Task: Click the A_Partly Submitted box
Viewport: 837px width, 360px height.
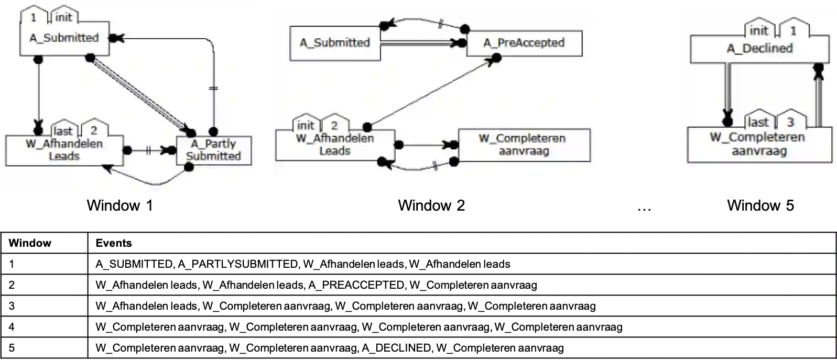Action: [x=214, y=150]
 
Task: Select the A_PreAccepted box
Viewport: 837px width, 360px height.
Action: [x=524, y=43]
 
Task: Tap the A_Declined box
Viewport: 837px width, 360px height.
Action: [x=759, y=49]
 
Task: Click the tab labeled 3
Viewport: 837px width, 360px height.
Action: [x=790, y=122]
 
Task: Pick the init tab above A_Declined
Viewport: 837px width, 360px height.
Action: [x=758, y=31]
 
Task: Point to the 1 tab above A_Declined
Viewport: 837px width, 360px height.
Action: [x=793, y=31]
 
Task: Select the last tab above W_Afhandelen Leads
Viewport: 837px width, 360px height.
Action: [x=63, y=131]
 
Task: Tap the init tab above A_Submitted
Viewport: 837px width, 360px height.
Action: [x=63, y=17]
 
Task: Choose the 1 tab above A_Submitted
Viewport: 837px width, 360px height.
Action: [x=34, y=17]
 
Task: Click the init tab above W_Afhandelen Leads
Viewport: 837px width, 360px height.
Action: [x=306, y=126]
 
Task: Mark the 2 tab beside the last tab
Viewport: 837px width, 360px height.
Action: [x=94, y=129]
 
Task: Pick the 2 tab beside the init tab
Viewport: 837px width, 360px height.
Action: [x=334, y=125]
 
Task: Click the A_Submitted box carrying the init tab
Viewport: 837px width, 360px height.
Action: [x=64, y=38]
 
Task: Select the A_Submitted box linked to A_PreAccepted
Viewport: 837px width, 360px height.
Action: [x=335, y=43]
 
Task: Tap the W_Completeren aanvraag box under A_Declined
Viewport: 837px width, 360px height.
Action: [x=759, y=145]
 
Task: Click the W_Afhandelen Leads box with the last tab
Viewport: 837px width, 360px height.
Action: [x=64, y=150]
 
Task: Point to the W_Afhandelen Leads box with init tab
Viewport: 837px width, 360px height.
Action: [x=335, y=145]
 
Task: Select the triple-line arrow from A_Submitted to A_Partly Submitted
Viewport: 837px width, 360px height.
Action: [x=139, y=94]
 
